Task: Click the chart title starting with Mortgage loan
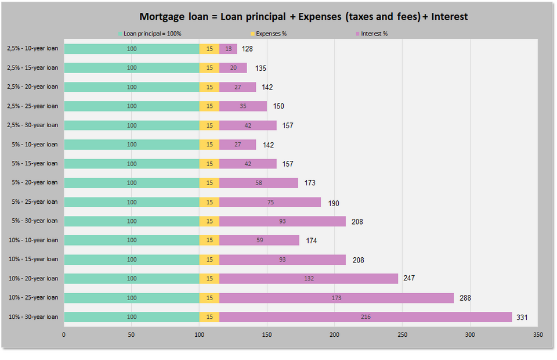pos(303,16)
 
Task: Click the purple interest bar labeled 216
pos(366,317)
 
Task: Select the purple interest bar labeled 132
pos(309,279)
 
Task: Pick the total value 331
pos(522,318)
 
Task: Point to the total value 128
pos(247,49)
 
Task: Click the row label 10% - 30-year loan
pos(33,316)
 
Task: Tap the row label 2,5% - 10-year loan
pos(32,49)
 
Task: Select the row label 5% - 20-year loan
pos(35,182)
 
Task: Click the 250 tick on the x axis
pos(402,335)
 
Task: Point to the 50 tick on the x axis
pos(132,335)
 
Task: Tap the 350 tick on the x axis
pos(537,335)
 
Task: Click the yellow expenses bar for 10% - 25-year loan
pos(209,298)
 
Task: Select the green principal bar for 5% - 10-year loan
pos(132,145)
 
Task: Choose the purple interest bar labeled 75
pos(270,202)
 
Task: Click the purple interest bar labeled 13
pos(228,49)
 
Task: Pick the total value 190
pos(334,203)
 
